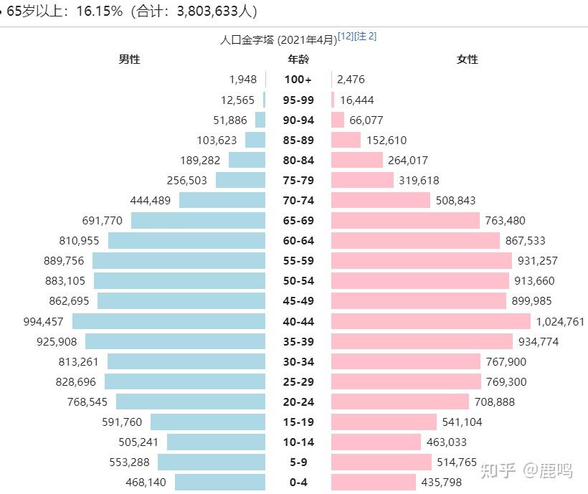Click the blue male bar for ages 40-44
point(169,321)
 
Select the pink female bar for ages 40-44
point(431,321)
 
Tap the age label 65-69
point(298,220)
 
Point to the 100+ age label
point(298,80)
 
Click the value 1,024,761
point(560,321)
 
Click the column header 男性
point(129,60)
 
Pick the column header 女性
point(467,60)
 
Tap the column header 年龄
point(298,60)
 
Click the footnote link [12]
point(346,37)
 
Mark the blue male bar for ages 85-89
point(255,140)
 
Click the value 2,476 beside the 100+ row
point(351,80)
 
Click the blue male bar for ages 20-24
point(191,402)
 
